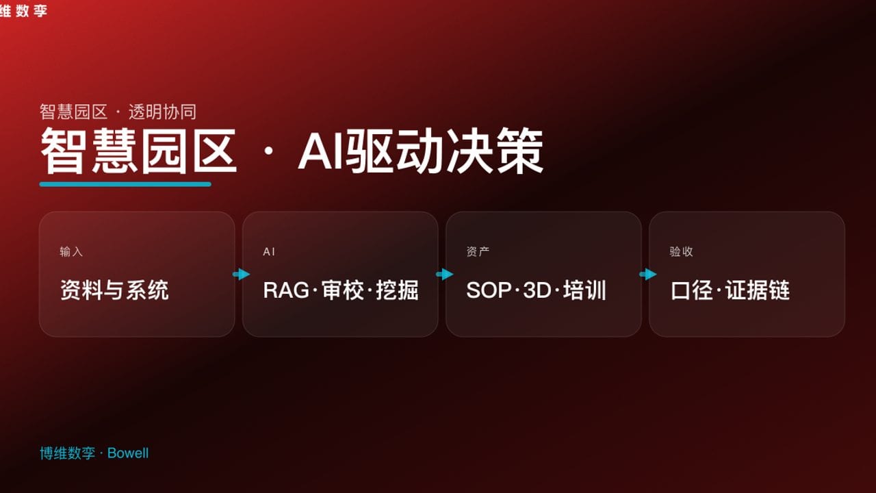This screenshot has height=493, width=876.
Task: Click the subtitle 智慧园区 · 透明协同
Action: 118,112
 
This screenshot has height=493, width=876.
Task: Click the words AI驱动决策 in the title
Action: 420,151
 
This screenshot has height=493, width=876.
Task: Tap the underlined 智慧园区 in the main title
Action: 139,151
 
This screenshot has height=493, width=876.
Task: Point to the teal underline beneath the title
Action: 125,184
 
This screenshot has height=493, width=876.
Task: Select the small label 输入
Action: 71,252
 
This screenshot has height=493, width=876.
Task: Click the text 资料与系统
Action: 114,290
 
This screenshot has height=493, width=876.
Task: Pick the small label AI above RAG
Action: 269,252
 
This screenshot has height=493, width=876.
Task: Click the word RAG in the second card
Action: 286,290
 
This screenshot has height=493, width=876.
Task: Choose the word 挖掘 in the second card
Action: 397,290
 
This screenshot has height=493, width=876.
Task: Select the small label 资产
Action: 478,252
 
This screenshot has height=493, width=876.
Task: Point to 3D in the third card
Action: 537,290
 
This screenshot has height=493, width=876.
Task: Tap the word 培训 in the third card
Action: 584,290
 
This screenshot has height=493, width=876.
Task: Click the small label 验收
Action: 681,252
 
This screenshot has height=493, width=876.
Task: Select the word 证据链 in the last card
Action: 758,290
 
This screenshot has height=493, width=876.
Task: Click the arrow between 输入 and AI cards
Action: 241,275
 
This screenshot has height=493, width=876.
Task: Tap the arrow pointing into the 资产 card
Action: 444,275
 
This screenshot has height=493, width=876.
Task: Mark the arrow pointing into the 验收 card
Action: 647,275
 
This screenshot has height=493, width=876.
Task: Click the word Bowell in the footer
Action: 128,453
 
